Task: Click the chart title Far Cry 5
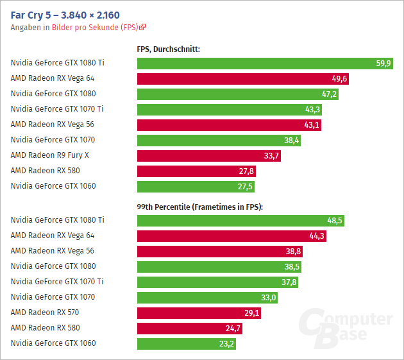coord(65,14)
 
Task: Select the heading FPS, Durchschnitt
coord(168,48)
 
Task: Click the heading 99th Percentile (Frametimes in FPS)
coord(200,207)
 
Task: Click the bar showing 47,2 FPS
coord(238,94)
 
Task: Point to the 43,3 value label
coord(313,110)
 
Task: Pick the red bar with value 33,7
coord(209,156)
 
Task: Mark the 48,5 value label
coord(335,221)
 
